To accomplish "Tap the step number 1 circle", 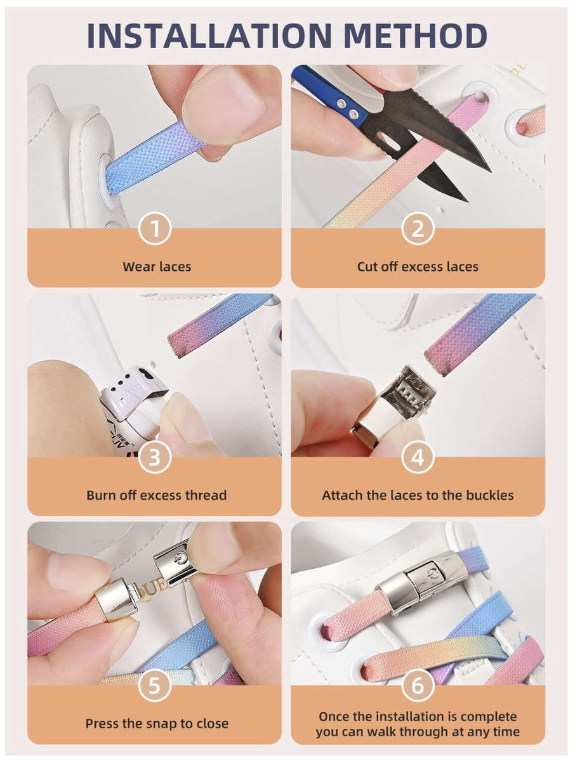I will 155,229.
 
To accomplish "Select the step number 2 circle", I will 418,229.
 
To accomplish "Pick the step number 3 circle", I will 155,457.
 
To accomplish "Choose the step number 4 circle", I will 418,457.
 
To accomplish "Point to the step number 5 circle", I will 155,686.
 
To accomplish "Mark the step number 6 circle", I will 418,686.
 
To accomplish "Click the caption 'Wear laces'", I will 157,267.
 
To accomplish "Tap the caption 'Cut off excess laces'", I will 418,267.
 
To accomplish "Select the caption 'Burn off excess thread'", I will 157,495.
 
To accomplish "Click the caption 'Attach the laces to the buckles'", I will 418,495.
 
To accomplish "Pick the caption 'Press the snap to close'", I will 157,724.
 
